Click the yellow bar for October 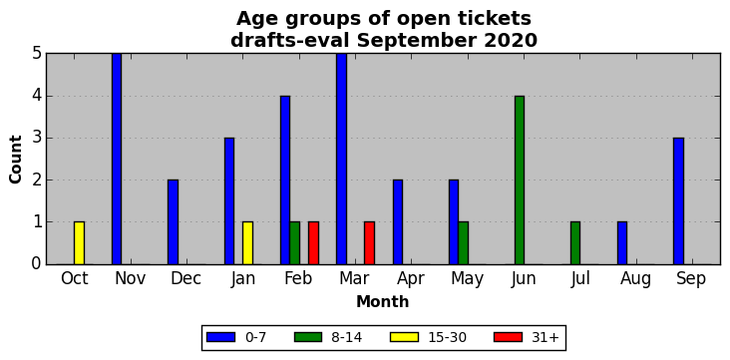click(79, 243)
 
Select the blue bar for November click(117, 159)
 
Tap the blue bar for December click(173, 222)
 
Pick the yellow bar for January click(247, 243)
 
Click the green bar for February click(295, 243)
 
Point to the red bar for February click(313, 243)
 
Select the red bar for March click(369, 243)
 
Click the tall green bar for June click(520, 180)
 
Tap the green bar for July click(575, 243)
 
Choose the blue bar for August click(622, 243)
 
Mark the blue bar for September click(678, 201)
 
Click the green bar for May click(463, 243)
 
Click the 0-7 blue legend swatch click(219, 337)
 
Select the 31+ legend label click(545, 337)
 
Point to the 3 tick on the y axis click(37, 139)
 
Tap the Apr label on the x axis click(411, 278)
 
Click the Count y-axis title click(15, 160)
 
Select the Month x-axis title click(383, 302)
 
